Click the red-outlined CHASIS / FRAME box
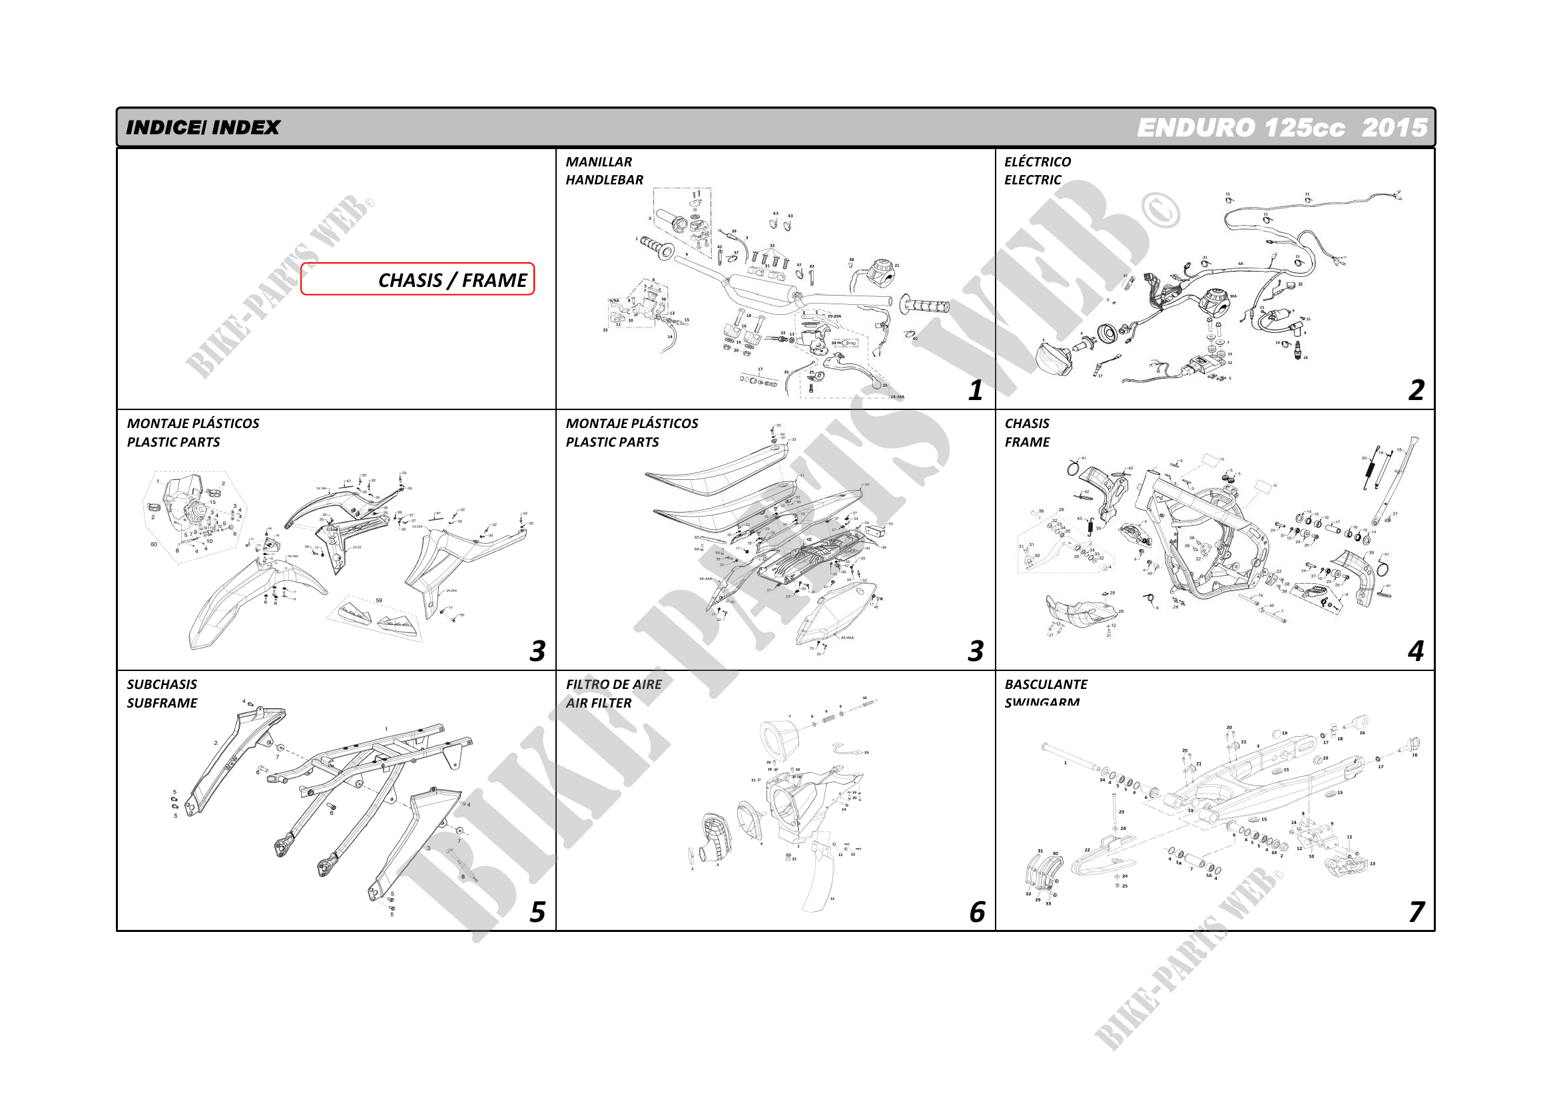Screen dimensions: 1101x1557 (x=417, y=280)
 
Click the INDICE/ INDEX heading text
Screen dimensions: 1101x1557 (x=202, y=127)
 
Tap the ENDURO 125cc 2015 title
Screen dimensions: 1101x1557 (x=1281, y=127)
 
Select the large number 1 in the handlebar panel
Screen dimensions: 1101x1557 (x=975, y=390)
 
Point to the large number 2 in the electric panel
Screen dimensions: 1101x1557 (x=1416, y=390)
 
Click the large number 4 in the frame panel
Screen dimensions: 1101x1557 (x=1415, y=651)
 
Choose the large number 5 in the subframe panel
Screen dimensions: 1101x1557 (x=537, y=912)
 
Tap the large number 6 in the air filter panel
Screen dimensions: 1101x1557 (x=976, y=912)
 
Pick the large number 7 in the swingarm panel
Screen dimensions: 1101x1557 (x=1416, y=912)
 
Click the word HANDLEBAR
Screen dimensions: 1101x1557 (x=604, y=180)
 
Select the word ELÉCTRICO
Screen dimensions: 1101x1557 (x=1038, y=161)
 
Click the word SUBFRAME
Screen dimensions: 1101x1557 (x=162, y=703)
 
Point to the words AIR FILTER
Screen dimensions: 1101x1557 (x=598, y=703)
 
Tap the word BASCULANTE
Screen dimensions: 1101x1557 (x=1046, y=685)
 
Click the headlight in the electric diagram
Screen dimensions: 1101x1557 (x=1054, y=357)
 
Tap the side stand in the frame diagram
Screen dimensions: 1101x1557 (x=1397, y=481)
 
